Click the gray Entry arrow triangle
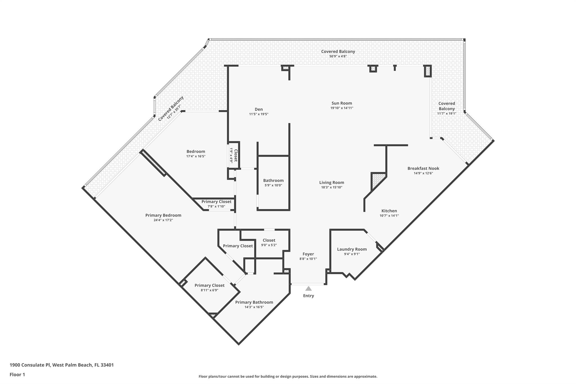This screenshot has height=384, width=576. click(309, 289)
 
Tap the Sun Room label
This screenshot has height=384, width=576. click(342, 103)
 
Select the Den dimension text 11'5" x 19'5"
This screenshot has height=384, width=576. click(259, 114)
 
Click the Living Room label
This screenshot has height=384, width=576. click(332, 183)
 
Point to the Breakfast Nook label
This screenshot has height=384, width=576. click(423, 169)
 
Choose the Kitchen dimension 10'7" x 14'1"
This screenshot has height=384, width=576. click(389, 216)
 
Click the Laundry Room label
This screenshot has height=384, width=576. click(352, 249)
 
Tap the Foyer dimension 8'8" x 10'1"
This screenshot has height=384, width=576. click(308, 259)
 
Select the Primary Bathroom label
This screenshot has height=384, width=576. click(254, 302)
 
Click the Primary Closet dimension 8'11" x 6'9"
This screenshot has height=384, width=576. click(210, 290)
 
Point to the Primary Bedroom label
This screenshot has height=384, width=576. click(163, 215)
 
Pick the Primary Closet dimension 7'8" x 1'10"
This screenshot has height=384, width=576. click(216, 206)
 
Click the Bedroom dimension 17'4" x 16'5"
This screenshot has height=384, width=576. click(196, 156)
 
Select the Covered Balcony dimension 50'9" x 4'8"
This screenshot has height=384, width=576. click(338, 56)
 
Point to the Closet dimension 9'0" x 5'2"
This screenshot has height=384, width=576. click(269, 245)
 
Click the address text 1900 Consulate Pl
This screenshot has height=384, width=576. click(30, 365)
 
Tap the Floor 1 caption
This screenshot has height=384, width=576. click(17, 375)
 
